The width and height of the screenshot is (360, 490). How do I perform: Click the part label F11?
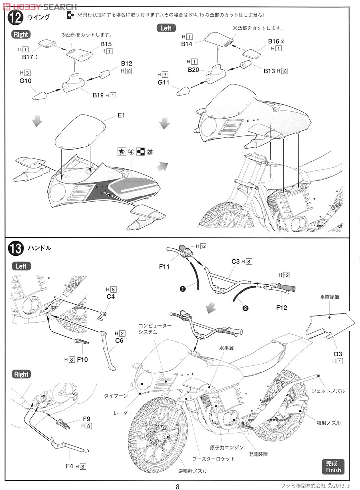165,267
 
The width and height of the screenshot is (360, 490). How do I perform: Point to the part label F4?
69,466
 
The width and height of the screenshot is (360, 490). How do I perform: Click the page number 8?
177,486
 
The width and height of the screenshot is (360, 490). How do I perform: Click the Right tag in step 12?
21,34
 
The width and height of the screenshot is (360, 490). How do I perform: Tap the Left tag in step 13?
21,266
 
